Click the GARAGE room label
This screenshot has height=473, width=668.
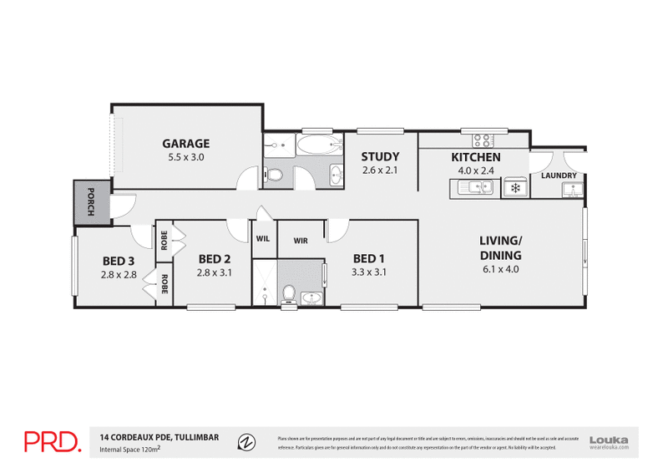point(186,143)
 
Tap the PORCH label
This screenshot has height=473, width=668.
point(91,201)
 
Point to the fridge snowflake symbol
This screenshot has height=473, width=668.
point(515,189)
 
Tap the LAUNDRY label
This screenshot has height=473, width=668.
point(559,175)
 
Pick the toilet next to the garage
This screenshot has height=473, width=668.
point(274,175)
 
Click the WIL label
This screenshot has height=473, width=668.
point(263,239)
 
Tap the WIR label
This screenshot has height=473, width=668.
point(301,241)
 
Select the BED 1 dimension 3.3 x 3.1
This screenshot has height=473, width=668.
point(368,272)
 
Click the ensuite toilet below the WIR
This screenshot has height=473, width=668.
point(288,293)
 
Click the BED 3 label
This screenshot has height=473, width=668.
point(118,260)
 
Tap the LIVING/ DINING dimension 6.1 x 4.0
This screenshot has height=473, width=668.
point(500,269)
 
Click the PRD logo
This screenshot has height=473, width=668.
point(52,441)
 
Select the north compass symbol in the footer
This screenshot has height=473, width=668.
point(245,441)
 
